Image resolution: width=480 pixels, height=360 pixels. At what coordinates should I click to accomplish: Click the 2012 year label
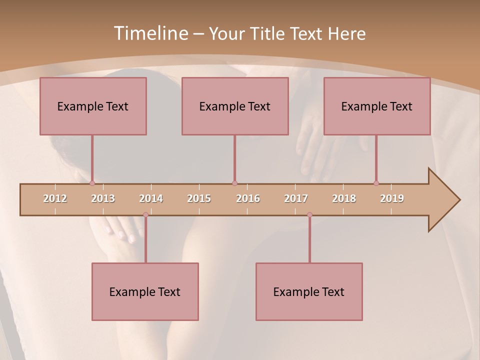(55, 198)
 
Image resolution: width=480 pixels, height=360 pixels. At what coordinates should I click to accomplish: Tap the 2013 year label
(103, 198)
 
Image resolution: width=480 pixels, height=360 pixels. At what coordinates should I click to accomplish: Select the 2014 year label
(151, 198)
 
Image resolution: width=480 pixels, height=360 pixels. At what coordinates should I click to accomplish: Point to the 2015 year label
(199, 198)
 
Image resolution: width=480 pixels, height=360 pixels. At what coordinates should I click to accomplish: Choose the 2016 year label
(248, 198)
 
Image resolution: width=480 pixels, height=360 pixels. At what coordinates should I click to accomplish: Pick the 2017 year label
(296, 198)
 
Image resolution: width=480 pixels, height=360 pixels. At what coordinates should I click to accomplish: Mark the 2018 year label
(344, 198)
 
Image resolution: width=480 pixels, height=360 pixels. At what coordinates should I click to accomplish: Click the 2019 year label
(392, 198)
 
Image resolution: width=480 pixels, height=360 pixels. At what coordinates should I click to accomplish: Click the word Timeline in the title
(150, 33)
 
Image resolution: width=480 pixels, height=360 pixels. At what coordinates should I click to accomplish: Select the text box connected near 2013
(93, 106)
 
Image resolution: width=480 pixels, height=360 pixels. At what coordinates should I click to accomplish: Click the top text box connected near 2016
(235, 106)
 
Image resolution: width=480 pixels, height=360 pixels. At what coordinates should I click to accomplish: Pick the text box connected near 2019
(377, 106)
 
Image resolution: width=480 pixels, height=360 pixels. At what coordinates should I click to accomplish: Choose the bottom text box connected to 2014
(145, 291)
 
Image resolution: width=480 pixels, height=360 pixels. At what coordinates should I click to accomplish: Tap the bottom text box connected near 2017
(309, 291)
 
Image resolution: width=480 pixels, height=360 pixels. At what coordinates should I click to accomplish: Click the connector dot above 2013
(92, 183)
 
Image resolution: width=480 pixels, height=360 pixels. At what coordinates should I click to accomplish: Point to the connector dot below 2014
(145, 215)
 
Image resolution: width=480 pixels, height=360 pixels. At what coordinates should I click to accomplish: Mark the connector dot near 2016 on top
(234, 183)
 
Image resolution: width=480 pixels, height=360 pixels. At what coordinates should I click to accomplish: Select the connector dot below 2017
(309, 215)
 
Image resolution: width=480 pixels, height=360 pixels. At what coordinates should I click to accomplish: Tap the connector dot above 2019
(376, 183)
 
